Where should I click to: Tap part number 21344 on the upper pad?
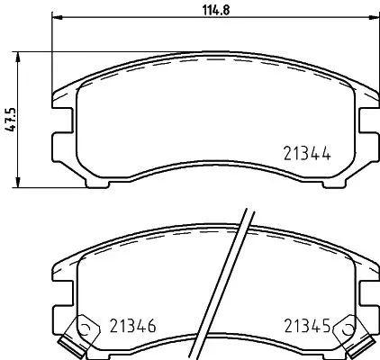(304, 155)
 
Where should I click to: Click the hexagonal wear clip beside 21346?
(86, 328)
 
